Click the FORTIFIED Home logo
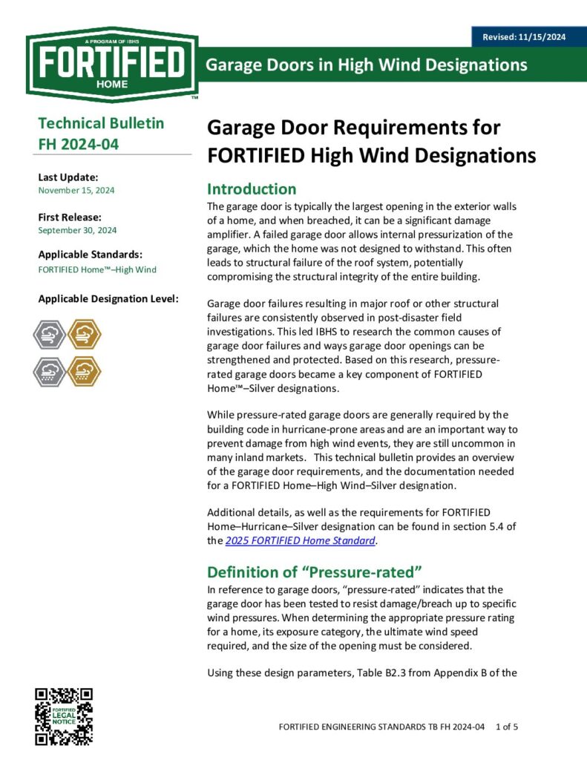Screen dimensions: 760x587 tap(111, 64)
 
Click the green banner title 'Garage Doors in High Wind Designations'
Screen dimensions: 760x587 tap(367, 65)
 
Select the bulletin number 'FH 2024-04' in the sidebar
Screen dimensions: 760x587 tap(78, 144)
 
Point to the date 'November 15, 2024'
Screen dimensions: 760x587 tap(76, 190)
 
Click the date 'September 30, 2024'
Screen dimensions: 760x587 tap(77, 230)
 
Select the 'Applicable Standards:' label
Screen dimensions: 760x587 tap(90, 254)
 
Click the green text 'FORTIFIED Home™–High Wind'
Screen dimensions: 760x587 tap(97, 269)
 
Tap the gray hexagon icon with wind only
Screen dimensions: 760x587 tap(50, 334)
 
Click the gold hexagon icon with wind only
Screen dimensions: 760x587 tap(84, 334)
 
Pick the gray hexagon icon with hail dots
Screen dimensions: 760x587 tap(50, 371)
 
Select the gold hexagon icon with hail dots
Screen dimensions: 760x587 tap(84, 371)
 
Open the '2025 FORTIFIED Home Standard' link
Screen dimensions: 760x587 tap(301, 540)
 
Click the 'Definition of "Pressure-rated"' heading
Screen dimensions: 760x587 tap(314, 571)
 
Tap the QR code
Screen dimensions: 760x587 tap(65, 716)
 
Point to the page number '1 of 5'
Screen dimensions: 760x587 tap(506, 727)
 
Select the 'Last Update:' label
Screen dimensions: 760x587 tap(68, 177)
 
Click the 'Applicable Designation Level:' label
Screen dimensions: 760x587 tap(108, 299)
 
